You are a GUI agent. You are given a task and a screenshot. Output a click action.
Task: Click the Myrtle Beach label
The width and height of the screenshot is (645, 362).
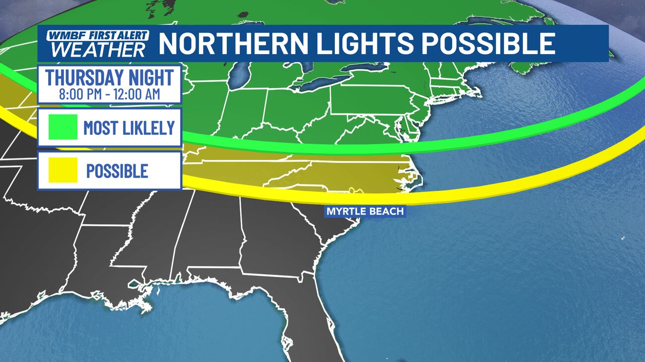pos(365,212)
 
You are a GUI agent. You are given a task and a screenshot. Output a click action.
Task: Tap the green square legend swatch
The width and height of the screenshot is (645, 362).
pos(63,127)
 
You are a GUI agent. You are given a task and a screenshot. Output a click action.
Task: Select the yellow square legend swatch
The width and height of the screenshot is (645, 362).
pos(63,170)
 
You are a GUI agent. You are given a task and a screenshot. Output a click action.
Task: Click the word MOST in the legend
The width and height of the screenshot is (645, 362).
pos(99,127)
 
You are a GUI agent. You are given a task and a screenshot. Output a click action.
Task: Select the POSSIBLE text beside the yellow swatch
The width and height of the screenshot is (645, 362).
pos(117,171)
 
